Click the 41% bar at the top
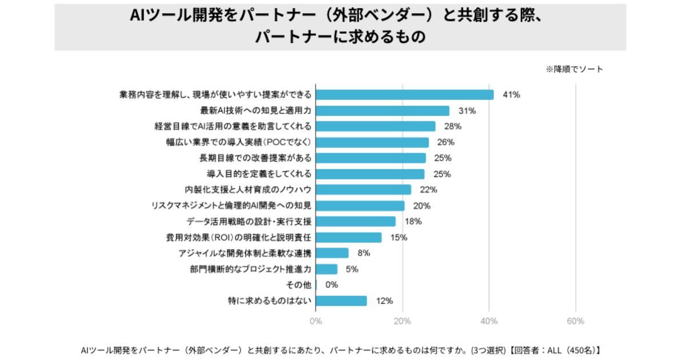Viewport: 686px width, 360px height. (x=404, y=95)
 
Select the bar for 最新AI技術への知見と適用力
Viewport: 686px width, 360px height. (x=382, y=111)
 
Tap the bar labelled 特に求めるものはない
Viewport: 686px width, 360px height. (x=341, y=301)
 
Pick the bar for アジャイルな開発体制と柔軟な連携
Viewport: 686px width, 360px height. (x=332, y=253)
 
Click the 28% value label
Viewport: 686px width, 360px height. (x=453, y=126)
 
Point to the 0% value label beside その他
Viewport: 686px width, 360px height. (x=332, y=285)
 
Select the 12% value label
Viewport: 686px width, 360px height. (x=384, y=301)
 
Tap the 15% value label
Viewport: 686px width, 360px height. (x=398, y=237)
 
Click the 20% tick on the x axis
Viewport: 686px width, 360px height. (x=402, y=321)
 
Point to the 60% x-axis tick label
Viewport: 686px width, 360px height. (x=575, y=321)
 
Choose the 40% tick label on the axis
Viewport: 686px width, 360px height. (x=489, y=321)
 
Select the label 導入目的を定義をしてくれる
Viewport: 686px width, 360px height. (x=259, y=174)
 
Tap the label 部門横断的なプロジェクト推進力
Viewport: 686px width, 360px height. (x=251, y=269)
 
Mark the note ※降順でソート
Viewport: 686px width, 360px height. (x=575, y=69)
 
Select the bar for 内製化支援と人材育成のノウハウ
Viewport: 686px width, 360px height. (x=364, y=190)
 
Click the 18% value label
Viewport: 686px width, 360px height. (x=413, y=221)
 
